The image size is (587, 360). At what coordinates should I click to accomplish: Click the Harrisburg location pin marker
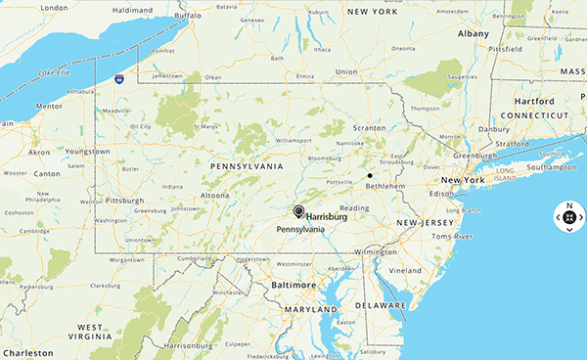[298, 210]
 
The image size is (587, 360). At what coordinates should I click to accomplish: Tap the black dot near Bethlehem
[370, 175]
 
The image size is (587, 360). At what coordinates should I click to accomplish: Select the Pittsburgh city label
[124, 200]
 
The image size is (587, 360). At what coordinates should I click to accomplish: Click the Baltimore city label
[293, 285]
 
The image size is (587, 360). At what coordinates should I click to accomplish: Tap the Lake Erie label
[56, 72]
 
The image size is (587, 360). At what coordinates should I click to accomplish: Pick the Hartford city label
[534, 101]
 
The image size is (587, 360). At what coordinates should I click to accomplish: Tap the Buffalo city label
[188, 16]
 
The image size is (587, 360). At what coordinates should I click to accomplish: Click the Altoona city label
[215, 196]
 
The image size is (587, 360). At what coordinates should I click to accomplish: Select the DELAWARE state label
[380, 305]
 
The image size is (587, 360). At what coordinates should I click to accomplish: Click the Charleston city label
[27, 353]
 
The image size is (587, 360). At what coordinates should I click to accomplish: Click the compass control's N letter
[568, 205]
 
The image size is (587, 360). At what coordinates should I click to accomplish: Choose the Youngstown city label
[87, 152]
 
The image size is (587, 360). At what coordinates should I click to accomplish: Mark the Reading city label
[354, 207]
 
